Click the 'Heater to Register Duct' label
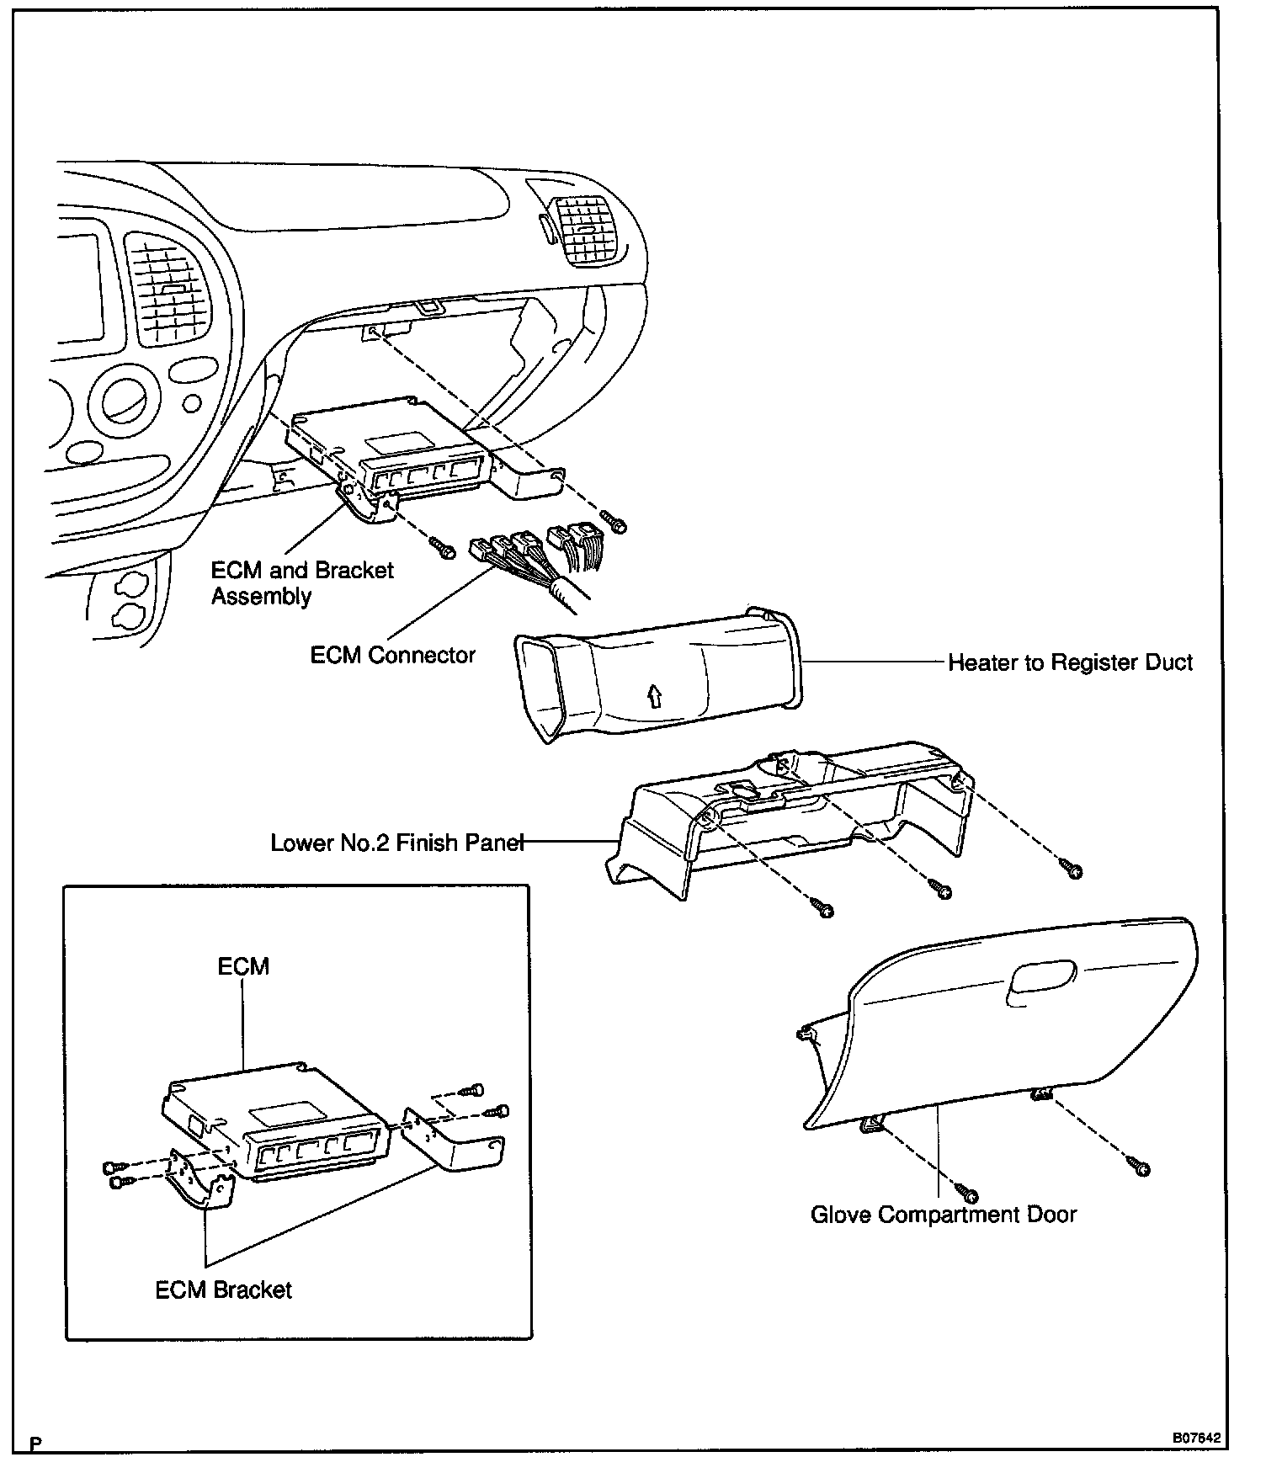click(1070, 663)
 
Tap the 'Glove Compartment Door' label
click(943, 1215)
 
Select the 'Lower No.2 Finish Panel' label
click(397, 843)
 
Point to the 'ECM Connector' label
click(392, 655)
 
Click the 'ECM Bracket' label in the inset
click(223, 1290)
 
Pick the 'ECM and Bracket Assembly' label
click(301, 582)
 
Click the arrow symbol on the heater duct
click(653, 695)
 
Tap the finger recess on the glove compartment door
click(1041, 980)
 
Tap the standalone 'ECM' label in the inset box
click(243, 965)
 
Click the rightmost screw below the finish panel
click(1073, 869)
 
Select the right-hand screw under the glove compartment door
click(1141, 1167)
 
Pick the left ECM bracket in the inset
click(199, 1178)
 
